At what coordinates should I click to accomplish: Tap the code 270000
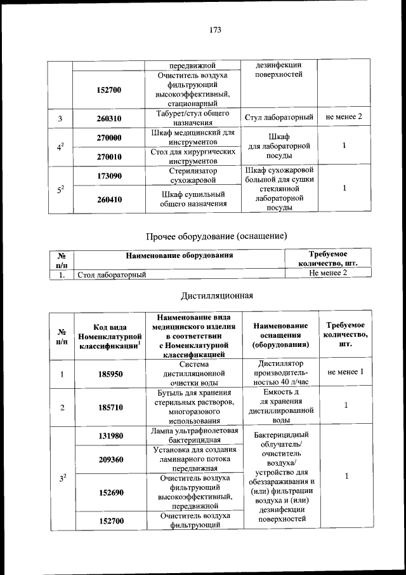pyautogui.click(x=109, y=137)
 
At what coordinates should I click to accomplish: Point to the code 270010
pyautogui.click(x=109, y=156)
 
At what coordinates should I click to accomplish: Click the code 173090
pyautogui.click(x=109, y=175)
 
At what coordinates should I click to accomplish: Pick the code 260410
pyautogui.click(x=109, y=200)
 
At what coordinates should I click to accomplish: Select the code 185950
pyautogui.click(x=109, y=374)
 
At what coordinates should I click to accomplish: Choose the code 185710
pyautogui.click(x=109, y=407)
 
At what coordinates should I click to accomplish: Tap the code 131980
pyautogui.click(x=109, y=436)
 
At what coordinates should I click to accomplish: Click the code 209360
pyautogui.click(x=109, y=459)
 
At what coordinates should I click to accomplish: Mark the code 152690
pyautogui.click(x=109, y=492)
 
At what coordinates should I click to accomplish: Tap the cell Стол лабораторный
pyautogui.click(x=112, y=274)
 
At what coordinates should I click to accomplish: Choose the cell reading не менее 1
pyautogui.click(x=345, y=372)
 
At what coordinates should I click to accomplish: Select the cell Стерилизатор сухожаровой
pyautogui.click(x=189, y=175)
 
